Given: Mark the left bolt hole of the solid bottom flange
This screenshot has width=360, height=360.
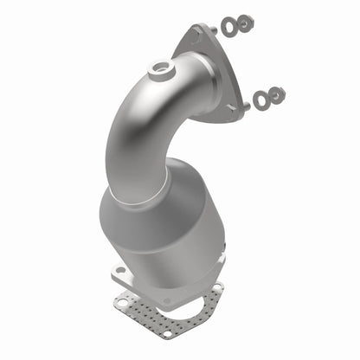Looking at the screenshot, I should tap(119, 274).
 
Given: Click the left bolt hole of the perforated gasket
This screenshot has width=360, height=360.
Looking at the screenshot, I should tap(124, 300).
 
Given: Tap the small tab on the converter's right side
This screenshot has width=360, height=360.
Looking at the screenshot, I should tap(222, 255).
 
